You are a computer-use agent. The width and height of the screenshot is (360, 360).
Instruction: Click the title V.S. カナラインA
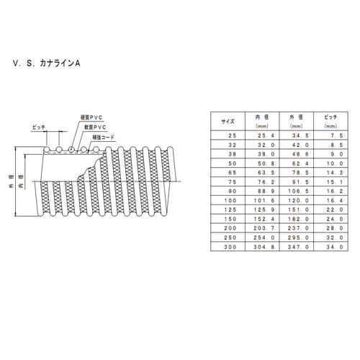(48, 63)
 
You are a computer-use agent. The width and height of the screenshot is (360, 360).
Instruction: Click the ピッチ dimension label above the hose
(40, 127)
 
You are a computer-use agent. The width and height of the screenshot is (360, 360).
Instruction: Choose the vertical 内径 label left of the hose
(21, 185)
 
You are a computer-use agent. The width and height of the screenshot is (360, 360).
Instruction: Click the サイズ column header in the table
(228, 121)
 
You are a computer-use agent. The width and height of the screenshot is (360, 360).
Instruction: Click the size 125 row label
(228, 209)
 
